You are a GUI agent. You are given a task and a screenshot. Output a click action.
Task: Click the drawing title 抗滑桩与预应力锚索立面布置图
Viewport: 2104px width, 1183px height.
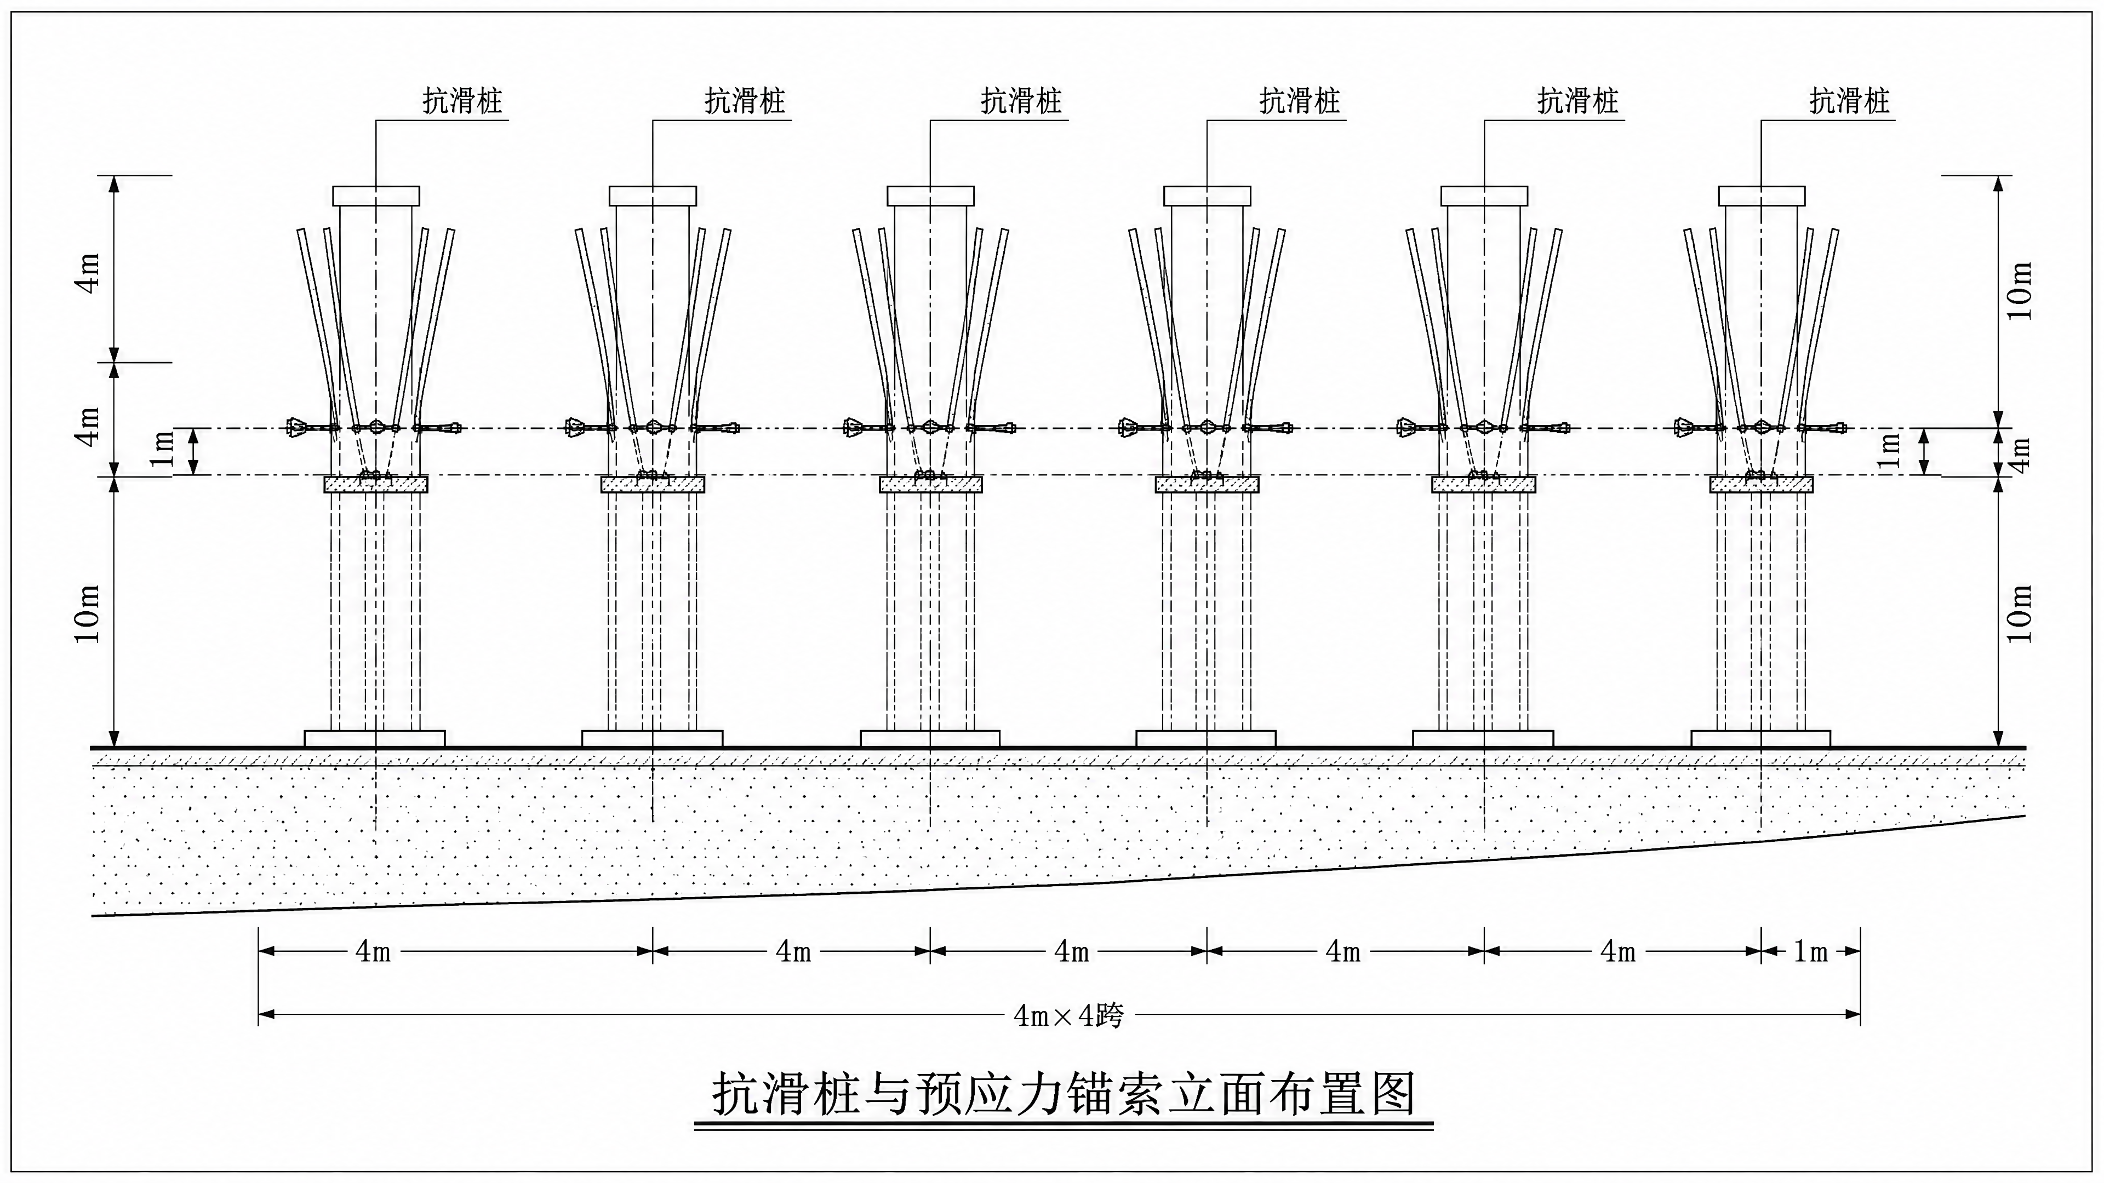[1064, 1094]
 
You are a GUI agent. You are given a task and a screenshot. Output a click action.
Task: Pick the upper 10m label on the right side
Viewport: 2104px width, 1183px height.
[2018, 291]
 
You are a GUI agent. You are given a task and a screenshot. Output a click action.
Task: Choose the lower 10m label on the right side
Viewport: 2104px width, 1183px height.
[2018, 613]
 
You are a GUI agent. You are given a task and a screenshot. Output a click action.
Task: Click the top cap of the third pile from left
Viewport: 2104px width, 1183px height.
[930, 196]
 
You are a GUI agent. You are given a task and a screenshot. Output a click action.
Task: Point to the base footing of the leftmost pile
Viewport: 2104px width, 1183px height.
[375, 738]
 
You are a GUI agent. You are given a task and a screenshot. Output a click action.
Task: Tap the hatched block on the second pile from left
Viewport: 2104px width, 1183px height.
[653, 484]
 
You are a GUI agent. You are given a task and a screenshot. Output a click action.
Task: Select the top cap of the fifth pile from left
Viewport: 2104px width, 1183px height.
[1484, 196]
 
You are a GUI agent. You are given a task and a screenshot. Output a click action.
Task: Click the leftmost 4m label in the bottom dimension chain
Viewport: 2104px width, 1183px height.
[373, 951]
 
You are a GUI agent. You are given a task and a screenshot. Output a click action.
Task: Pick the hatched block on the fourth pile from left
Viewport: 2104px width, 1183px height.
[1207, 484]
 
